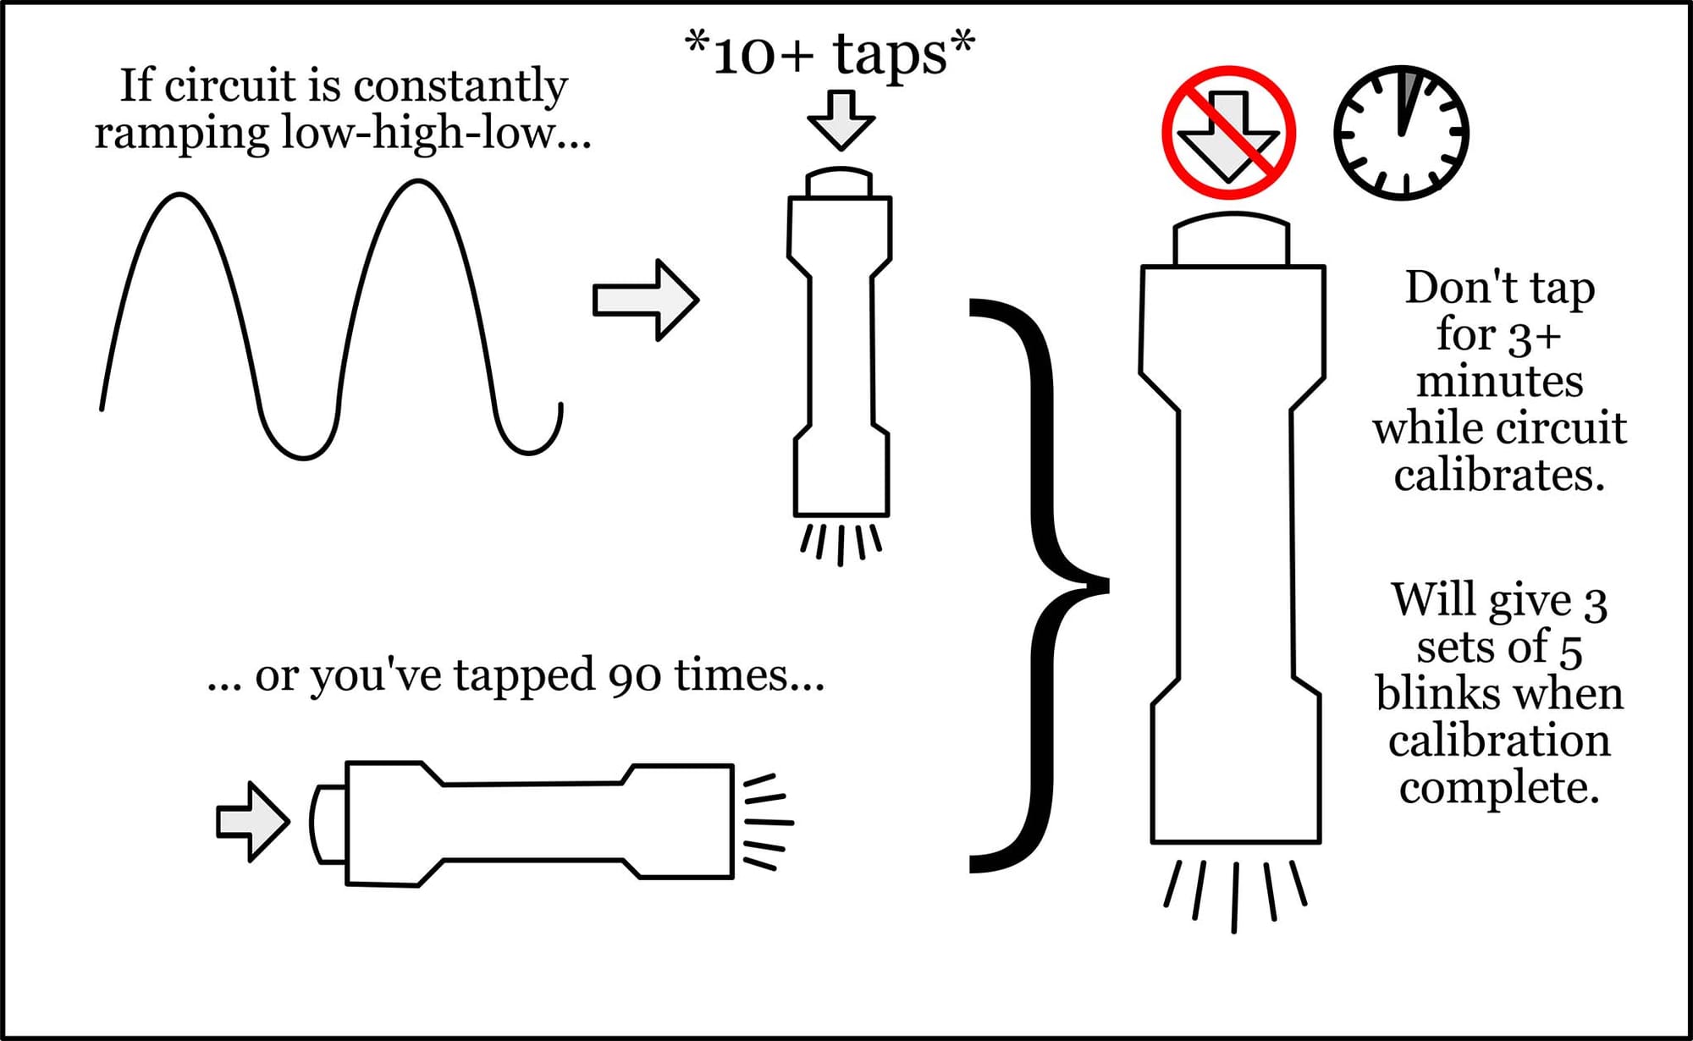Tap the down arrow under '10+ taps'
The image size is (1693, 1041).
[841, 120]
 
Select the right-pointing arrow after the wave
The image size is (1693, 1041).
[646, 300]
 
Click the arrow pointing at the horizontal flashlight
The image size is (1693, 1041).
[253, 822]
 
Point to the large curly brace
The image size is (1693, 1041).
[1040, 584]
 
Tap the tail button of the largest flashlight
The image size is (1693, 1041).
[1232, 240]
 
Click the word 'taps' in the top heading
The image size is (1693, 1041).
[890, 55]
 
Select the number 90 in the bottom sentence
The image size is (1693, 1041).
[633, 676]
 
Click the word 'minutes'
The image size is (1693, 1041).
[1500, 382]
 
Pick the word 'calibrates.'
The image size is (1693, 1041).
[1499, 476]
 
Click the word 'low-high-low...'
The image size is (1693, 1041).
[436, 134]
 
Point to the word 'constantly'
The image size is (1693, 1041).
[460, 86]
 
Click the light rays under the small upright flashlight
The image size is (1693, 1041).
[841, 544]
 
